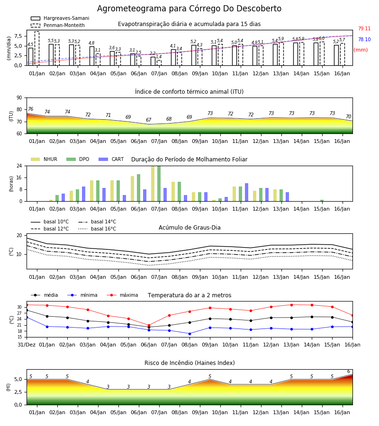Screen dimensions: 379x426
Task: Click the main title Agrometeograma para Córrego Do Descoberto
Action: tap(189, 9)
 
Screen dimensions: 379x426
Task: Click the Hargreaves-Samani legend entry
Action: tap(60, 18)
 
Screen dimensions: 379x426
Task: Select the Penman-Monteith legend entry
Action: tap(58, 25)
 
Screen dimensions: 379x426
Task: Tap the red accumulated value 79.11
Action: tap(364, 28)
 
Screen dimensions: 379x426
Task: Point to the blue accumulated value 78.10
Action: tap(364, 39)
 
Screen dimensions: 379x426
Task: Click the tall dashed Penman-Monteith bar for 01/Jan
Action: tap(37, 48)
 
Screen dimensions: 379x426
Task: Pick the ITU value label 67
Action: tap(148, 120)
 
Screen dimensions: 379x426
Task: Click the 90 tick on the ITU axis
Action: tap(19, 98)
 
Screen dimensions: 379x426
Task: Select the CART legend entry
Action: tap(111, 159)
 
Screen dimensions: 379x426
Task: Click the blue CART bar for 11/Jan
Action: tap(247, 192)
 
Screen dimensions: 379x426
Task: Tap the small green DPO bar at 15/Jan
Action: tap(322, 201)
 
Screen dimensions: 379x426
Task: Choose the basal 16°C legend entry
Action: tap(97, 229)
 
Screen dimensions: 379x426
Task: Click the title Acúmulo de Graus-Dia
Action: tap(189, 227)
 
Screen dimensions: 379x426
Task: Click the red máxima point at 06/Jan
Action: tap(149, 326)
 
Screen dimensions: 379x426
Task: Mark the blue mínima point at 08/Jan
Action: tap(190, 334)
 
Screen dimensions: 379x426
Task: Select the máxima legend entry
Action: tap(123, 295)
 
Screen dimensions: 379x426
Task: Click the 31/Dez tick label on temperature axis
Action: tap(27, 345)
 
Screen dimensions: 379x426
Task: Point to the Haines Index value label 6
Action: tap(349, 372)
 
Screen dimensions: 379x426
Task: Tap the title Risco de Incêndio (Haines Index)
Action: tap(189, 363)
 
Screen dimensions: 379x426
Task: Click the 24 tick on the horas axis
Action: tap(19, 166)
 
